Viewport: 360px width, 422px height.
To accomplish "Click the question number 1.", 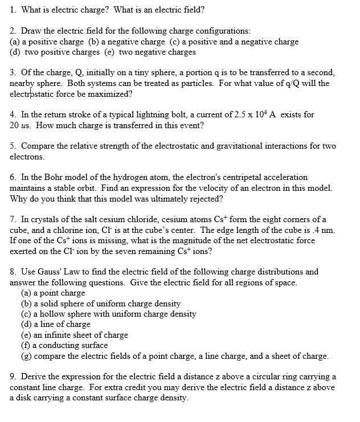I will (x=13, y=10).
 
